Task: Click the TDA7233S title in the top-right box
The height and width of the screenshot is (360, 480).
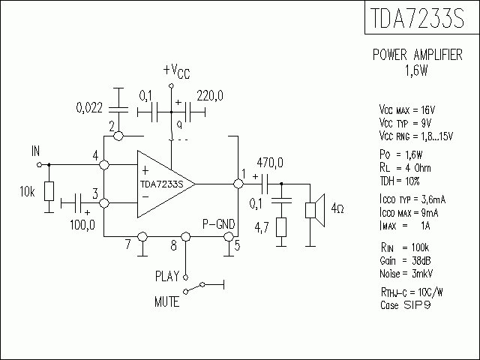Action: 416,19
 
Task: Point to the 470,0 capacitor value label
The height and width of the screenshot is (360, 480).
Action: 270,162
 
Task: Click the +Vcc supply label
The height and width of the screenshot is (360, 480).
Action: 176,70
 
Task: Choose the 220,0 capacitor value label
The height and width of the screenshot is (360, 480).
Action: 209,96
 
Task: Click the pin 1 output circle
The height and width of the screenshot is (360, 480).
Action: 238,183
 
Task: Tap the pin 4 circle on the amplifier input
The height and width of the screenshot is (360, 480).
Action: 105,164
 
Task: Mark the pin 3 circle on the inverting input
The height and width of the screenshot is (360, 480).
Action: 105,203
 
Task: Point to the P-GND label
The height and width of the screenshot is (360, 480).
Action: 217,223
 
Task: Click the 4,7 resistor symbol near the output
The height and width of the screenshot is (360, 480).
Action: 281,227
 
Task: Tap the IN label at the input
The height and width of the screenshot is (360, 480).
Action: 35,151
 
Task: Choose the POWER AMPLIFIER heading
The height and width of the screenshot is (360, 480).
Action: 418,56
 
